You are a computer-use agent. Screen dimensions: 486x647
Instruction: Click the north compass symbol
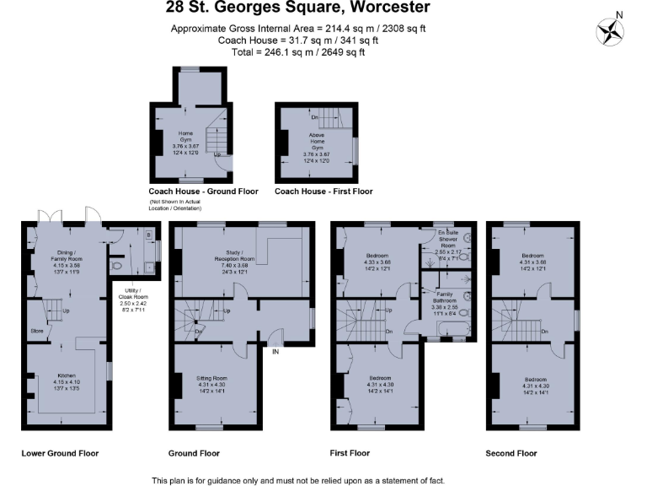click(610, 31)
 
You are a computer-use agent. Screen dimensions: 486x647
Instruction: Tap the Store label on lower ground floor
click(37, 331)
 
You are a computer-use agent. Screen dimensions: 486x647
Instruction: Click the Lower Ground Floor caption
click(60, 453)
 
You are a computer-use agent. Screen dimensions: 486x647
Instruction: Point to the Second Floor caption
click(511, 453)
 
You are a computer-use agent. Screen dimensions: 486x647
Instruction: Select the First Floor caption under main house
click(350, 453)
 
